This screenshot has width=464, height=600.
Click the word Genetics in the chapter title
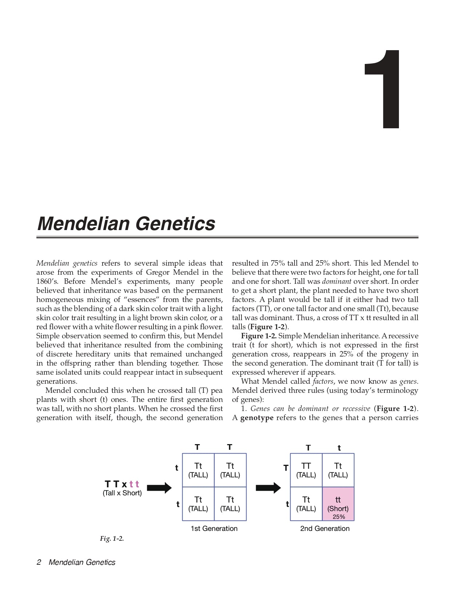(176, 224)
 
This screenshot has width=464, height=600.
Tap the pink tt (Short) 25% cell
(338, 504)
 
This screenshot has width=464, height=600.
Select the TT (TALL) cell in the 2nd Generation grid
(306, 470)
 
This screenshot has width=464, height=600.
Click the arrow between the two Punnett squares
(268, 488)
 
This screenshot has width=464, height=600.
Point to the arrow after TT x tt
(159, 488)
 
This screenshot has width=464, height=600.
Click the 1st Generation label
(214, 528)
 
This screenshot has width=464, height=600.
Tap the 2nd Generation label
(325, 528)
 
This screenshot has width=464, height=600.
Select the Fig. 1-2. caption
(112, 539)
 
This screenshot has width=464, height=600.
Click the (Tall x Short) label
(122, 493)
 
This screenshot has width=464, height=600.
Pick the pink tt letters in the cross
(134, 484)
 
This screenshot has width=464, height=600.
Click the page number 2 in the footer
(39, 562)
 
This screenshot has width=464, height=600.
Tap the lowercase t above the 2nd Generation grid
(339, 448)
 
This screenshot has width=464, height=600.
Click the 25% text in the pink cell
(339, 516)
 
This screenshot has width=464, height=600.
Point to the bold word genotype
(257, 418)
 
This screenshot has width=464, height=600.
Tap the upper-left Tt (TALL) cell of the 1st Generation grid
(198, 470)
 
